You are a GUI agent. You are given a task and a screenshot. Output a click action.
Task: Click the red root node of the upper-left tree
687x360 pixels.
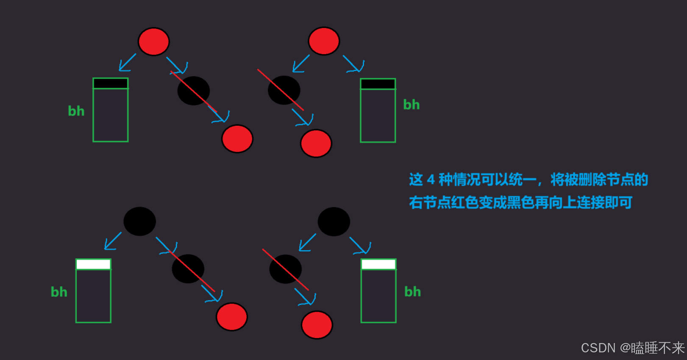[153, 42]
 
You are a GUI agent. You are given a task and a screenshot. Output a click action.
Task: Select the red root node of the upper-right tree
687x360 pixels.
[324, 41]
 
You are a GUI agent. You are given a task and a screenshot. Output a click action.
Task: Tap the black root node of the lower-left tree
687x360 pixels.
[139, 221]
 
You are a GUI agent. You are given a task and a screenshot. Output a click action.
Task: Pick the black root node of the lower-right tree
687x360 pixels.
[334, 221]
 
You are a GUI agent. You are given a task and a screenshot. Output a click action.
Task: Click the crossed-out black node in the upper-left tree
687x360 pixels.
[193, 91]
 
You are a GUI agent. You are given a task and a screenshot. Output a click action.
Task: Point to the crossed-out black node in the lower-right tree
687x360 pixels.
[285, 269]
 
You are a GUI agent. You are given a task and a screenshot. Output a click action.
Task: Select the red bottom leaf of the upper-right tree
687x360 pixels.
[316, 143]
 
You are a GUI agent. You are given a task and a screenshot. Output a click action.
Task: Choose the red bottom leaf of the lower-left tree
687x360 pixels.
[231, 316]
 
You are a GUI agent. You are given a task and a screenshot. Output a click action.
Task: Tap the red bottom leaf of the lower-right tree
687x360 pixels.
[317, 325]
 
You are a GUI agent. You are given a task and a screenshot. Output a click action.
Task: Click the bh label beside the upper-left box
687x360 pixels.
[76, 111]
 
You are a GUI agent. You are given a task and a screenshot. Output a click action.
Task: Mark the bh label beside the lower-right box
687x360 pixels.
[412, 291]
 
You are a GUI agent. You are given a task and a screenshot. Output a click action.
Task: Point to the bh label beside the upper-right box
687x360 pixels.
[411, 105]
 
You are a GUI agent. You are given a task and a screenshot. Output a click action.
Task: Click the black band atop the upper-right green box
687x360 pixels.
[378, 84]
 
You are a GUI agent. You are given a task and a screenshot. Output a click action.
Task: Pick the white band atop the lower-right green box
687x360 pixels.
[378, 265]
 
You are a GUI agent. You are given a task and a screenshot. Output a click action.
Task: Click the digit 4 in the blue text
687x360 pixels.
[431, 180]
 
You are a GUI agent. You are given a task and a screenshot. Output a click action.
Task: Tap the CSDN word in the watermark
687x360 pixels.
[598, 348]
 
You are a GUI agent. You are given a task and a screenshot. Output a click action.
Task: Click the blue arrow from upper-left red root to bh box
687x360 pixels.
[127, 63]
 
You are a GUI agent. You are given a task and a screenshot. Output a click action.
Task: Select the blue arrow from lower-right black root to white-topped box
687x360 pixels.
[360, 246]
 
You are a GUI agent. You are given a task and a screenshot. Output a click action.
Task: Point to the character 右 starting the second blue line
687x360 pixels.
[416, 202]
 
